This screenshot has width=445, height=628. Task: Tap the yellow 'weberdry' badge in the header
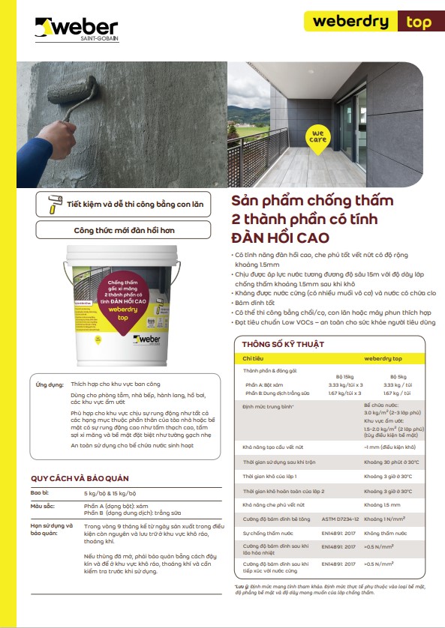tap(350, 21)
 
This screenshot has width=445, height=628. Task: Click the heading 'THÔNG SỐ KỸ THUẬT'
tap(283, 344)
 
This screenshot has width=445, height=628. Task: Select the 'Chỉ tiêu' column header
tap(254, 359)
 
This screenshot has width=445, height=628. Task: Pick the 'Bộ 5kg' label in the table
tap(398, 377)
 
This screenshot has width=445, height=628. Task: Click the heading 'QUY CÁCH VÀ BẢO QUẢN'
tap(80, 478)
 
